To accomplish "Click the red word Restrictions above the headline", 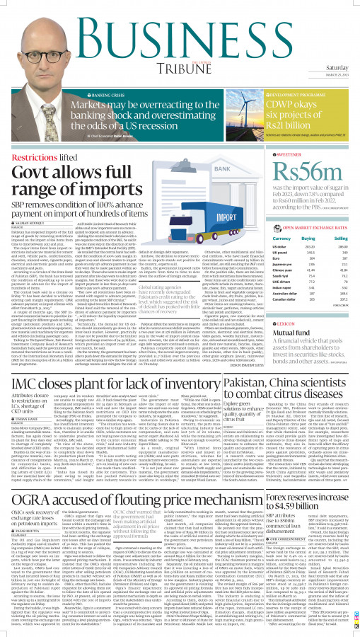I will pos(35,152).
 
